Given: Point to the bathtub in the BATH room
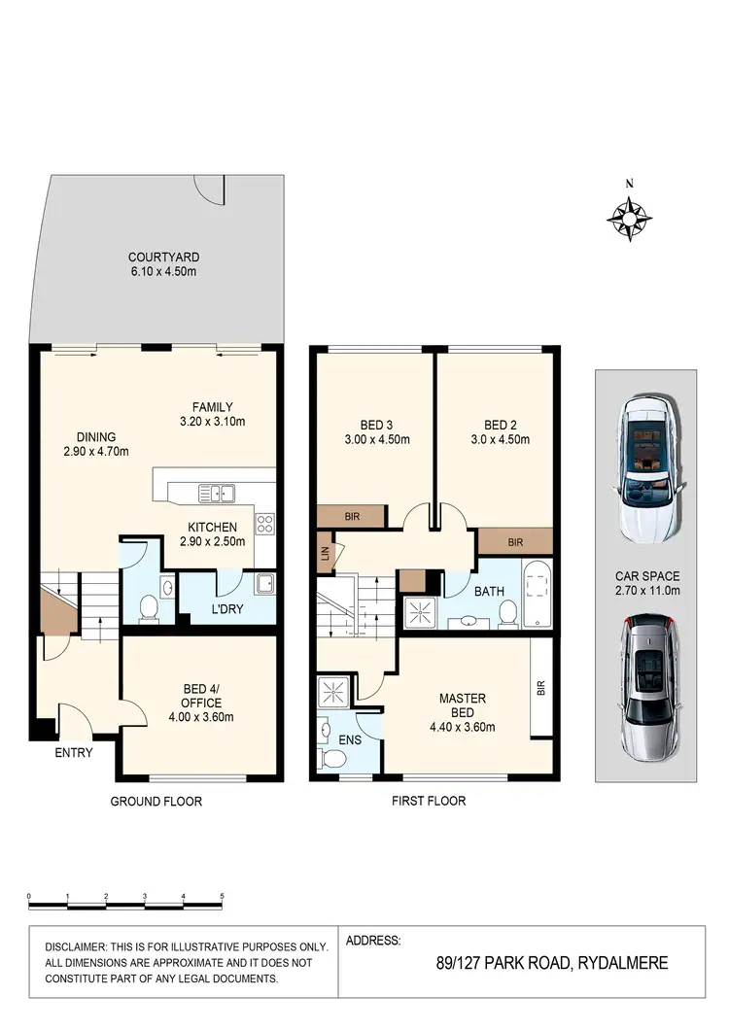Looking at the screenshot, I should click(536, 593).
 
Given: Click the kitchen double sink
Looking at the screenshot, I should click(216, 493).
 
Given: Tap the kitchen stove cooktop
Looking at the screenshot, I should click(265, 526).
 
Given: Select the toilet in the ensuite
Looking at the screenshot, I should click(331, 758).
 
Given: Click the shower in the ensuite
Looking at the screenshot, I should click(331, 693).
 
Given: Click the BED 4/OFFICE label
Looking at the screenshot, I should click(202, 697).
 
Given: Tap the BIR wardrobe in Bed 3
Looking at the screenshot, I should click(352, 517).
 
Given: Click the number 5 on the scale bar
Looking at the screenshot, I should click(222, 895).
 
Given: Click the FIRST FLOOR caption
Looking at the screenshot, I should click(429, 801).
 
